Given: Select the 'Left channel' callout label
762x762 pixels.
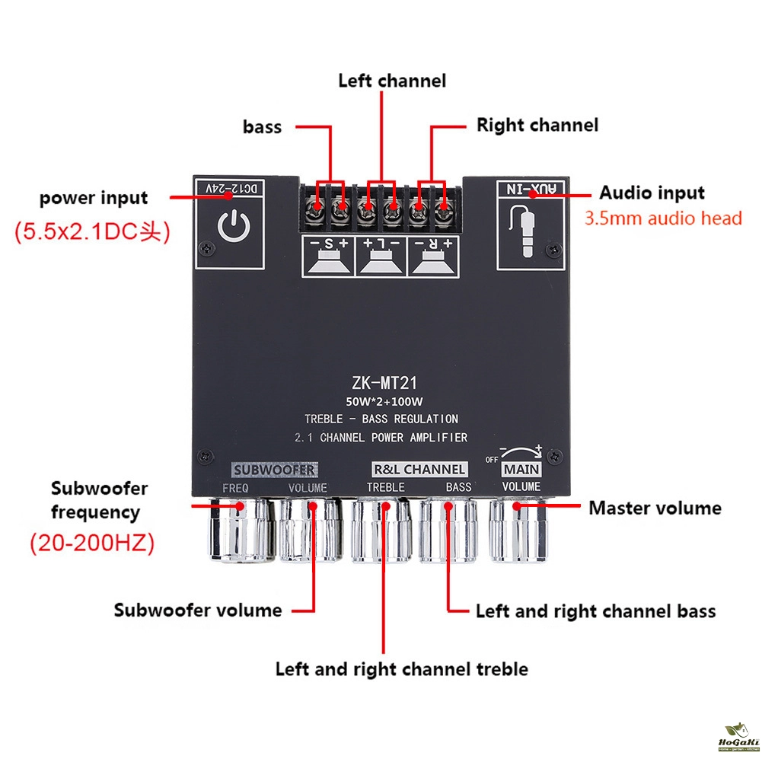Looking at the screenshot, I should (392, 81).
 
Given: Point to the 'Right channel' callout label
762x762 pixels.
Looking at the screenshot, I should (537, 125).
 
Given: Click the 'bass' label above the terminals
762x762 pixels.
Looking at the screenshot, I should (263, 127).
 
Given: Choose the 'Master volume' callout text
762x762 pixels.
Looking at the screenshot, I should (655, 508).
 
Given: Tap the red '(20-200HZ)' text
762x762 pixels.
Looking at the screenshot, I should (92, 544).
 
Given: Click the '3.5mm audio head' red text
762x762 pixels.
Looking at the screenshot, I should (663, 219).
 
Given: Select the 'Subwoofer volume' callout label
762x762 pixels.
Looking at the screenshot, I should (198, 610).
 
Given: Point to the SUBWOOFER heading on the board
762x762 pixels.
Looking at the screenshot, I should (273, 469).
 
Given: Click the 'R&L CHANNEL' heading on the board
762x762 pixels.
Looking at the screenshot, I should (419, 469).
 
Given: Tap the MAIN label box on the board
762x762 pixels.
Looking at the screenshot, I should (521, 470).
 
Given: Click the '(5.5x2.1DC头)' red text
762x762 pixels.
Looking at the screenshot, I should (92, 232).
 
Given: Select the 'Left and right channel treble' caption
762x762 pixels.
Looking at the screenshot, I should (401, 669).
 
